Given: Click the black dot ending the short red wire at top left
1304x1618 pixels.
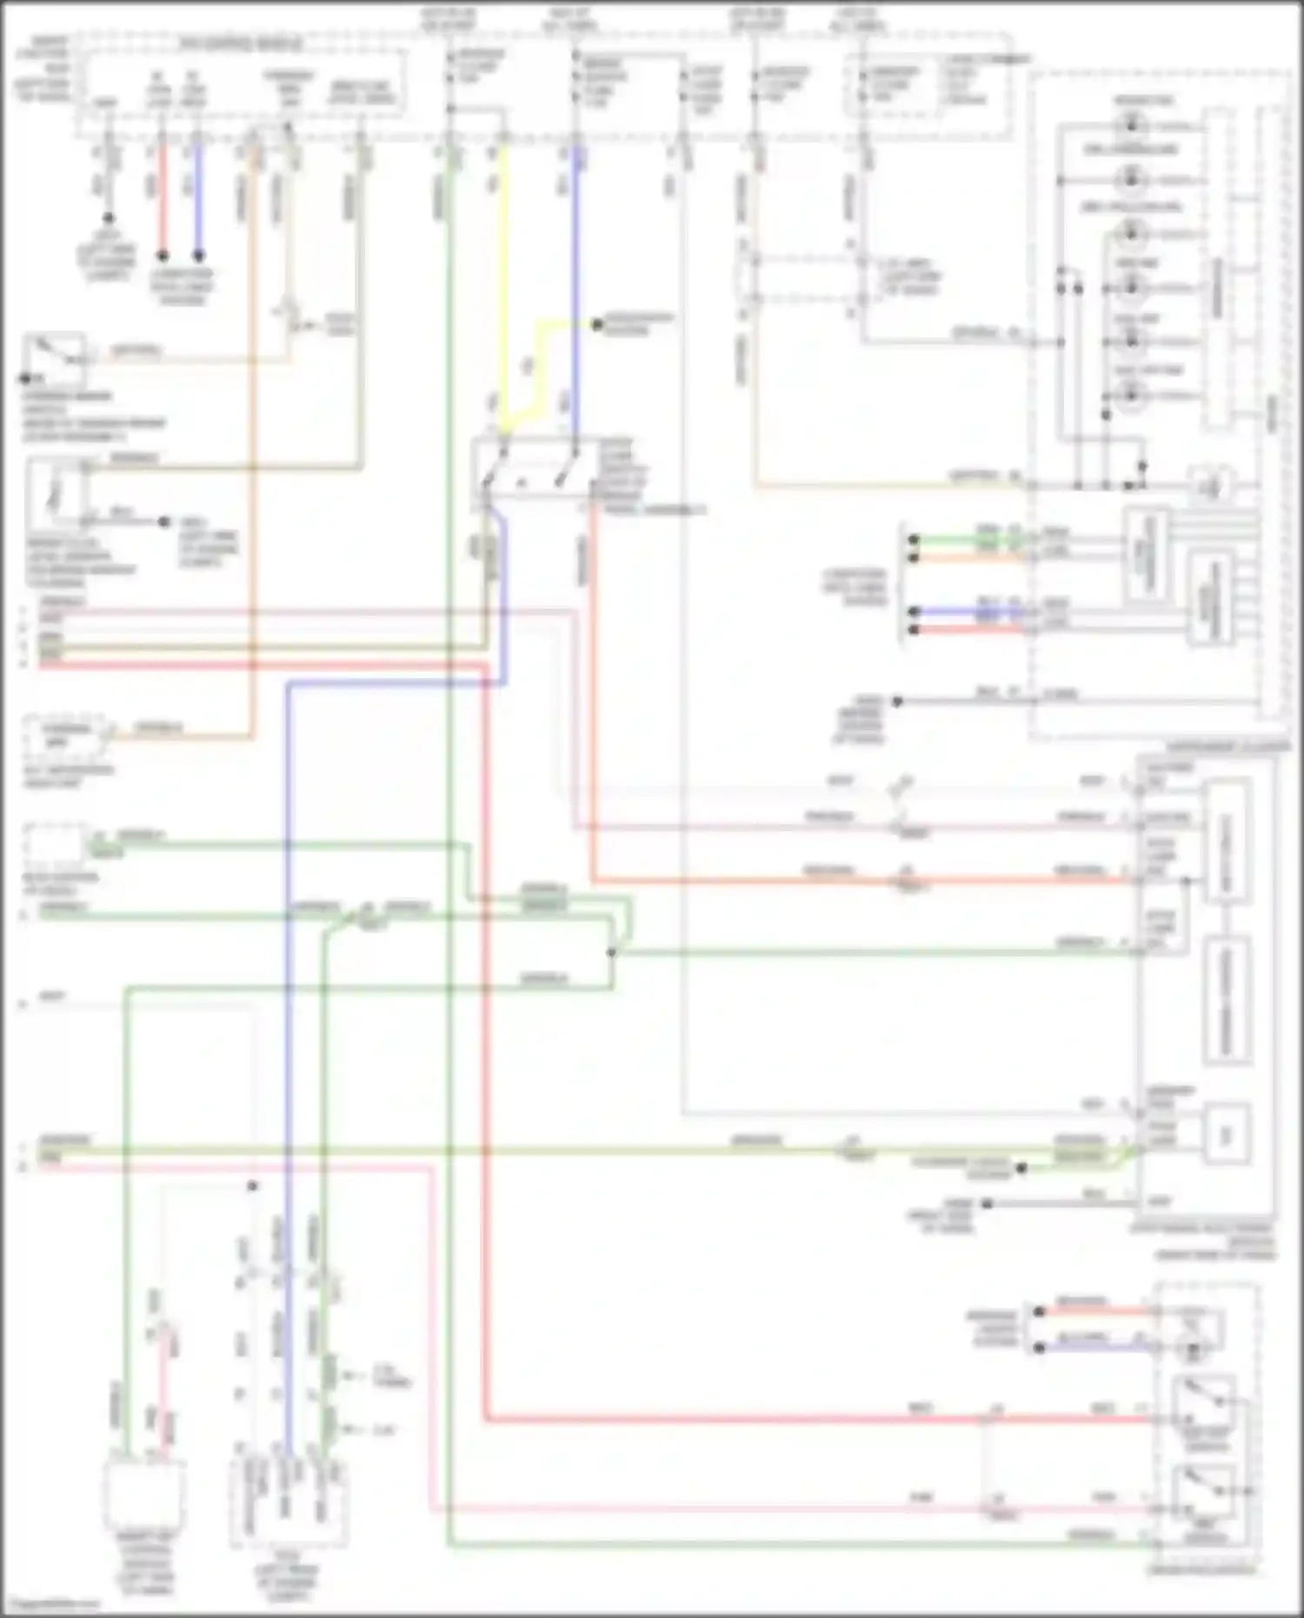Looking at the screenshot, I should (x=162, y=256).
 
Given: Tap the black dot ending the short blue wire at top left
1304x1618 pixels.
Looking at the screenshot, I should (x=198, y=256).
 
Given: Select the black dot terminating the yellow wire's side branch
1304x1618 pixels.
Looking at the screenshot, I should (x=597, y=324).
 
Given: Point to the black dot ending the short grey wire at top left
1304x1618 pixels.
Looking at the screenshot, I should (x=108, y=218).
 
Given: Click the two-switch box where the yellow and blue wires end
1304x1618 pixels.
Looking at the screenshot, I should (x=532, y=475).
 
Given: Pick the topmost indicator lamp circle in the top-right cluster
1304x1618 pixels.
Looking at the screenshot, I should (x=1132, y=127).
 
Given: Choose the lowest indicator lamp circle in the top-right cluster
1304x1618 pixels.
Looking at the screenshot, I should (x=1132, y=396).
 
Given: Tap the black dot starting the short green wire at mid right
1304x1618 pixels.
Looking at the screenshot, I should (x=913, y=540).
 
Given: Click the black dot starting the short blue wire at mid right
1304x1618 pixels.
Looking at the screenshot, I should (x=913, y=611).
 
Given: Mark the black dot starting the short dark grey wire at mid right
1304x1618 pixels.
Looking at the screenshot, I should (x=898, y=701).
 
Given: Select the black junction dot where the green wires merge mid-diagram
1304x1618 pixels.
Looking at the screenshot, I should (x=611, y=953).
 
